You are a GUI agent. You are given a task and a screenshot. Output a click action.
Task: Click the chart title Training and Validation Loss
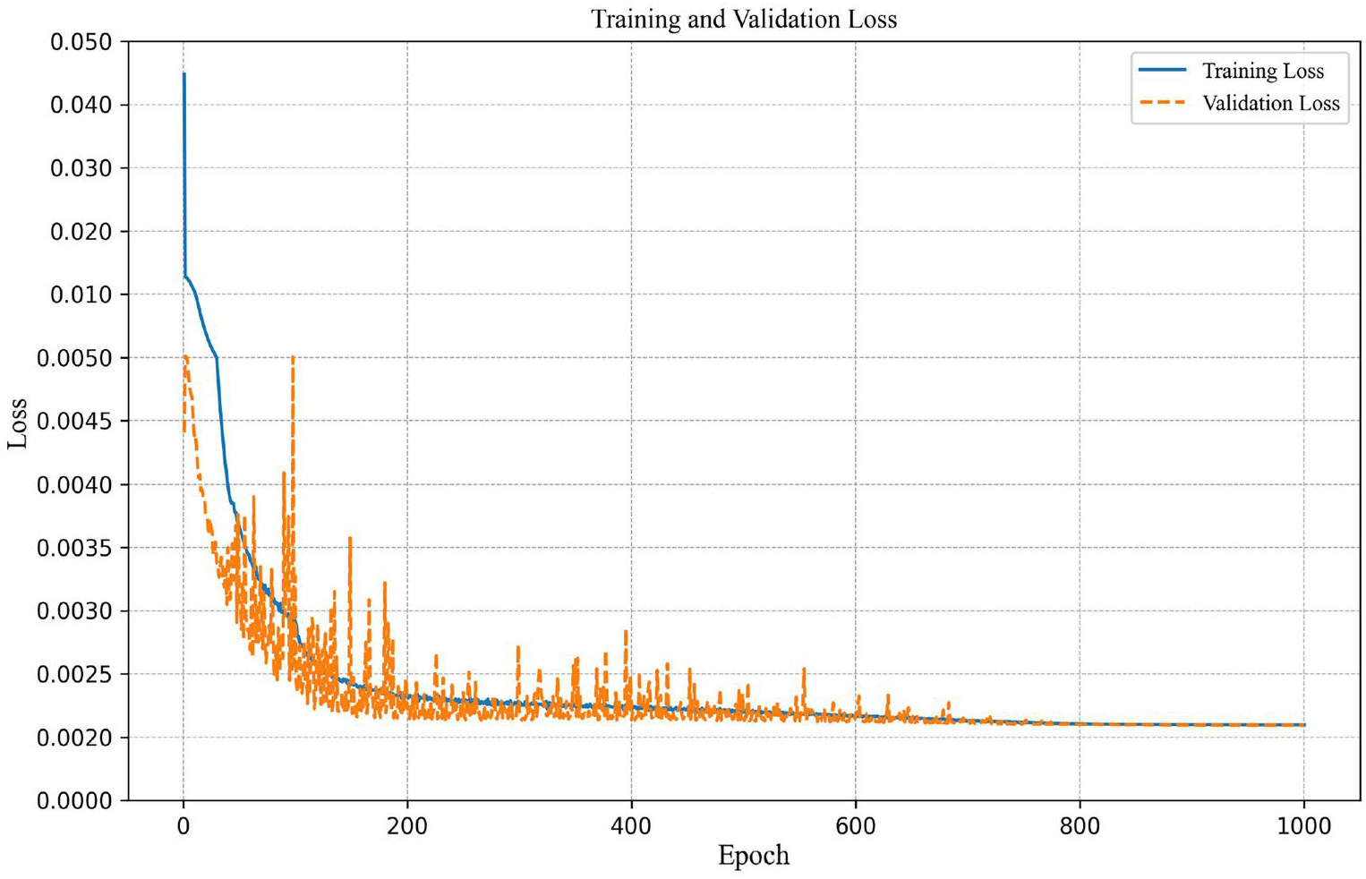(x=743, y=19)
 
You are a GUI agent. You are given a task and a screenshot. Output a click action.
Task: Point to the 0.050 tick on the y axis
(x=81, y=42)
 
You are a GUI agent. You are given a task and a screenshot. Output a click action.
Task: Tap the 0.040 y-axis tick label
(x=81, y=105)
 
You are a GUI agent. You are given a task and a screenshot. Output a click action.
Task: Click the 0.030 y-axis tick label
(x=81, y=168)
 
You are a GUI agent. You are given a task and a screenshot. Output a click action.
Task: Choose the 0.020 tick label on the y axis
(x=81, y=232)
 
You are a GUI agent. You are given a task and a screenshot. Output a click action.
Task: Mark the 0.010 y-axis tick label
(x=81, y=294)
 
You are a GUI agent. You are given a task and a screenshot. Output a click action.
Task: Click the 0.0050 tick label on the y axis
(x=74, y=358)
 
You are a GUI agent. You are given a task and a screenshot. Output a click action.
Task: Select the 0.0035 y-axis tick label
(x=74, y=548)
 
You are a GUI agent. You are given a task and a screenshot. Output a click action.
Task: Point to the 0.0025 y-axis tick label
(x=74, y=674)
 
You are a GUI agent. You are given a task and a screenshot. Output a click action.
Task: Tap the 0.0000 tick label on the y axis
(x=74, y=801)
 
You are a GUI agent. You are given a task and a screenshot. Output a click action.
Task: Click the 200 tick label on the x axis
(x=407, y=826)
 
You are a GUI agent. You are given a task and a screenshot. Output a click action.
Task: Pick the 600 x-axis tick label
(x=856, y=826)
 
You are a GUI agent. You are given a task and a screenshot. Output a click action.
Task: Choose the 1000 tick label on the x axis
(x=1304, y=826)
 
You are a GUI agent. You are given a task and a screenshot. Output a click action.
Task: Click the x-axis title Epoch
(x=753, y=856)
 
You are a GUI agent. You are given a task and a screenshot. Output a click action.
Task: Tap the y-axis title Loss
(x=18, y=423)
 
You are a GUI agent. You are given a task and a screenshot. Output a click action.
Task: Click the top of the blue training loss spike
(x=184, y=73)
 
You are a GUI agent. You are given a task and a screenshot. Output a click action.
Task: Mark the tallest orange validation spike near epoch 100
(x=294, y=357)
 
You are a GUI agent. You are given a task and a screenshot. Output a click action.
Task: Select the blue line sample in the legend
(x=1162, y=70)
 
